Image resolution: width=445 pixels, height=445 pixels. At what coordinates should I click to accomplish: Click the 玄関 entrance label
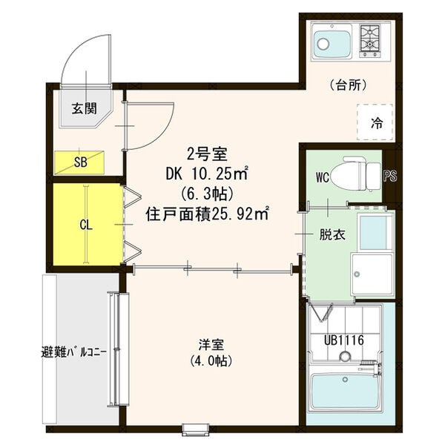[x=85, y=108]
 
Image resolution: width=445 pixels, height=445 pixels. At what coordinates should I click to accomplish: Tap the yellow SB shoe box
[x=79, y=160]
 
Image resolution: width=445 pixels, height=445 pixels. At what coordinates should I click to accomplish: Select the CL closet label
[x=86, y=224]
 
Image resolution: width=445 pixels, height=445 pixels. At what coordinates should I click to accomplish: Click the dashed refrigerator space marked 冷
[x=376, y=122]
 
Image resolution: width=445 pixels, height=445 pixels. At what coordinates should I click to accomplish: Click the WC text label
[x=321, y=178]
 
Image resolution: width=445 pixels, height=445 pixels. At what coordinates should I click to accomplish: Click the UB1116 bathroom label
[x=343, y=340]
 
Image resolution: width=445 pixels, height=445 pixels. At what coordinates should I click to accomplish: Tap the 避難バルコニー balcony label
[x=76, y=352]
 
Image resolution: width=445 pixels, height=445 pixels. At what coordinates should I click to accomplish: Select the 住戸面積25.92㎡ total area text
[x=206, y=215]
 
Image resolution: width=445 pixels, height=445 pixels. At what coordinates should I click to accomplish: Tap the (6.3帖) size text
[x=206, y=194]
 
